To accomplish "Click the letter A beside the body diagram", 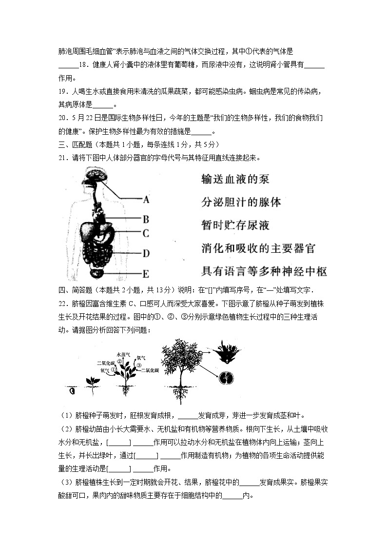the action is coord(146,199).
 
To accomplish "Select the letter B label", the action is coord(145,219).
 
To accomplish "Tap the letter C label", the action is coord(145,233).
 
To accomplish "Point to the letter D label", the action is coord(145,253).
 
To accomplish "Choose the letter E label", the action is coord(145,273).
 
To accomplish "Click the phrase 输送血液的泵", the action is coord(235,180).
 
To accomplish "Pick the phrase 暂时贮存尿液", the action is coord(235,225).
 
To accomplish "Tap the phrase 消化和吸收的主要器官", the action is coord(258,248).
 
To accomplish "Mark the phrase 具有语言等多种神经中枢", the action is coord(264,271).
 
